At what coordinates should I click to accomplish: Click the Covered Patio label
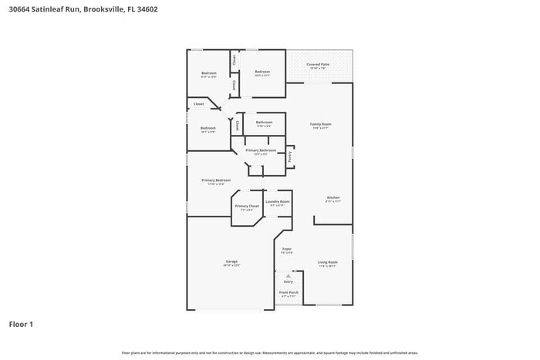coord(318,64)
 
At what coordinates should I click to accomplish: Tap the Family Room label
coord(321,124)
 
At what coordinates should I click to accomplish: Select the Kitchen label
coord(333,198)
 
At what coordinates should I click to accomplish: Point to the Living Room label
coord(328,262)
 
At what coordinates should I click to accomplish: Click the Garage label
coord(231,261)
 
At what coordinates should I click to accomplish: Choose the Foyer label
coord(286,249)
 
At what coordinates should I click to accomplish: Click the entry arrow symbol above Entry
coord(289,275)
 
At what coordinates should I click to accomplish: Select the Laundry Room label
coord(277,202)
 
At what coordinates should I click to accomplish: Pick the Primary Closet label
coord(247,207)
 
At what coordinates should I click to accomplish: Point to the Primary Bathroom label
coord(261,150)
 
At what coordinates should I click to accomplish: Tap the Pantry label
coord(290,156)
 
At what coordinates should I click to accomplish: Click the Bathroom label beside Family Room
coord(265,122)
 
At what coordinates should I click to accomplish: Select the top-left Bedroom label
coord(208,73)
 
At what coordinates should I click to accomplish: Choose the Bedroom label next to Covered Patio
coord(262,72)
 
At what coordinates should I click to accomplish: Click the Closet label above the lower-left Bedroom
coord(198,103)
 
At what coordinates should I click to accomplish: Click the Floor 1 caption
coord(21,325)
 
